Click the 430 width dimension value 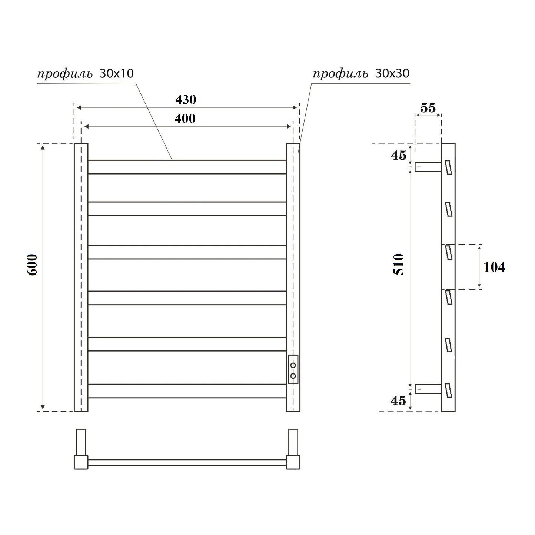pos(185,100)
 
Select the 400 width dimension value pos(185,119)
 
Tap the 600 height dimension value pos(32,265)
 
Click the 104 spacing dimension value pos(494,267)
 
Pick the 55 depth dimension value pos(428,108)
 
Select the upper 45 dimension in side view pos(399,156)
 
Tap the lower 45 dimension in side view pos(399,401)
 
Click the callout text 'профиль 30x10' pos(86,74)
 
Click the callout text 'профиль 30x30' pos(361,74)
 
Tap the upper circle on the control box pos(293,365)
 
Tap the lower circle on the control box pos(293,376)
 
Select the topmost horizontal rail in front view pos(187,167)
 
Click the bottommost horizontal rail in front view pos(187,391)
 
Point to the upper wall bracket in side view pos(428,167)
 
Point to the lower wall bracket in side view pos(428,389)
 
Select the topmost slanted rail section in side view pos(448,167)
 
